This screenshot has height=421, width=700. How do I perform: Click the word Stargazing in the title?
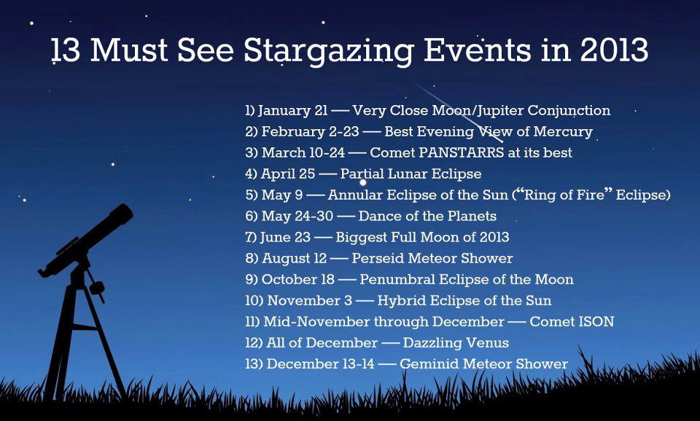(329, 51)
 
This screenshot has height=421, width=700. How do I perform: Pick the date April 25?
(288, 174)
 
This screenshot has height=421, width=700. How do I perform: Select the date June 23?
(285, 237)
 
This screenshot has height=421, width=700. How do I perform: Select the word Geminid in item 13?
(429, 364)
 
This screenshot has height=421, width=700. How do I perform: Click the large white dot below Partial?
(363, 182)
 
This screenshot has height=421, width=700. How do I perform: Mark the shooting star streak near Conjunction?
(460, 114)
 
